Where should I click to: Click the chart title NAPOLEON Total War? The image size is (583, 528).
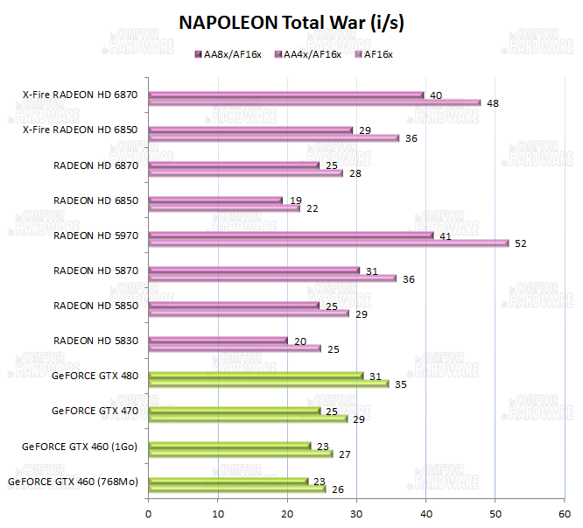pyautogui.click(x=291, y=23)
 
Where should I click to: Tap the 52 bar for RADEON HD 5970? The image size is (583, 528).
pyautogui.click(x=328, y=243)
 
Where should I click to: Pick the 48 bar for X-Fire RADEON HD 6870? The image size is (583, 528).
pyautogui.click(x=314, y=102)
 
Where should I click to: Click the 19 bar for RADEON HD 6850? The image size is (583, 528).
pyautogui.click(x=215, y=201)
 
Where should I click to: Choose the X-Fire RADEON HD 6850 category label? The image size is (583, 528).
pyautogui.click(x=85, y=130)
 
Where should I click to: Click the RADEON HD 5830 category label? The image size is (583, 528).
pyautogui.click(x=96, y=340)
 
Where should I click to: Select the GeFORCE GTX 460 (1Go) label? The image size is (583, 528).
pyautogui.click(x=81, y=446)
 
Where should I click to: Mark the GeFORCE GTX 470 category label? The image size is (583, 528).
pyautogui.click(x=95, y=411)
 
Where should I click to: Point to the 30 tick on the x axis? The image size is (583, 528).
pyautogui.click(x=356, y=514)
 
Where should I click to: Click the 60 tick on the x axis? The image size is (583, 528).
pyautogui.click(x=564, y=514)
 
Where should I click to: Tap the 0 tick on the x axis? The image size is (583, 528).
pyautogui.click(x=149, y=514)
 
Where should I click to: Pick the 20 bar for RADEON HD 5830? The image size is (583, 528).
pyautogui.click(x=218, y=341)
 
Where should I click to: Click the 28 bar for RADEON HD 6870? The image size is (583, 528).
pyautogui.click(x=245, y=172)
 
